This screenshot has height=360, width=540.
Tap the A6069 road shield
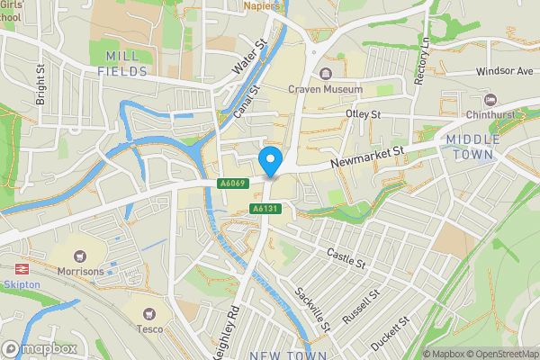pyautogui.click(x=231, y=183)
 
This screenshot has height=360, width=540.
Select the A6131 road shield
pyautogui.click(x=262, y=209)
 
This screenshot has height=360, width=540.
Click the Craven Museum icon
pyautogui.click(x=326, y=73)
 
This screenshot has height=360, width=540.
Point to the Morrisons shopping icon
pyautogui.click(x=82, y=257)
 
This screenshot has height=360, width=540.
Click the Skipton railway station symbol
pyautogui.click(x=19, y=269)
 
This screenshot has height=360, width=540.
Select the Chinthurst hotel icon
pyautogui.click(x=490, y=99)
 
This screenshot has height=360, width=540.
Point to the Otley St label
pyautogui.click(x=364, y=114)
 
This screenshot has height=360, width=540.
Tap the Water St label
pyautogui.click(x=250, y=56)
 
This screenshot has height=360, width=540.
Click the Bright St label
pyautogui.click(x=40, y=84)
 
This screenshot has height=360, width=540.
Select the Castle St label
pyautogui.click(x=346, y=258)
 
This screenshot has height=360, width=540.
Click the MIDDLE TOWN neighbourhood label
pyautogui.click(x=471, y=147)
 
